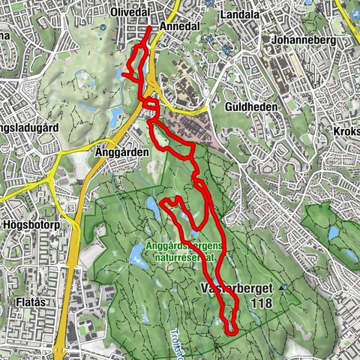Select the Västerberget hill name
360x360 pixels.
click(x=234, y=289)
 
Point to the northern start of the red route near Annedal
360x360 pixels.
click(x=150, y=28)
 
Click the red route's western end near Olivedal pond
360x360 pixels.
click(x=122, y=73)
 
